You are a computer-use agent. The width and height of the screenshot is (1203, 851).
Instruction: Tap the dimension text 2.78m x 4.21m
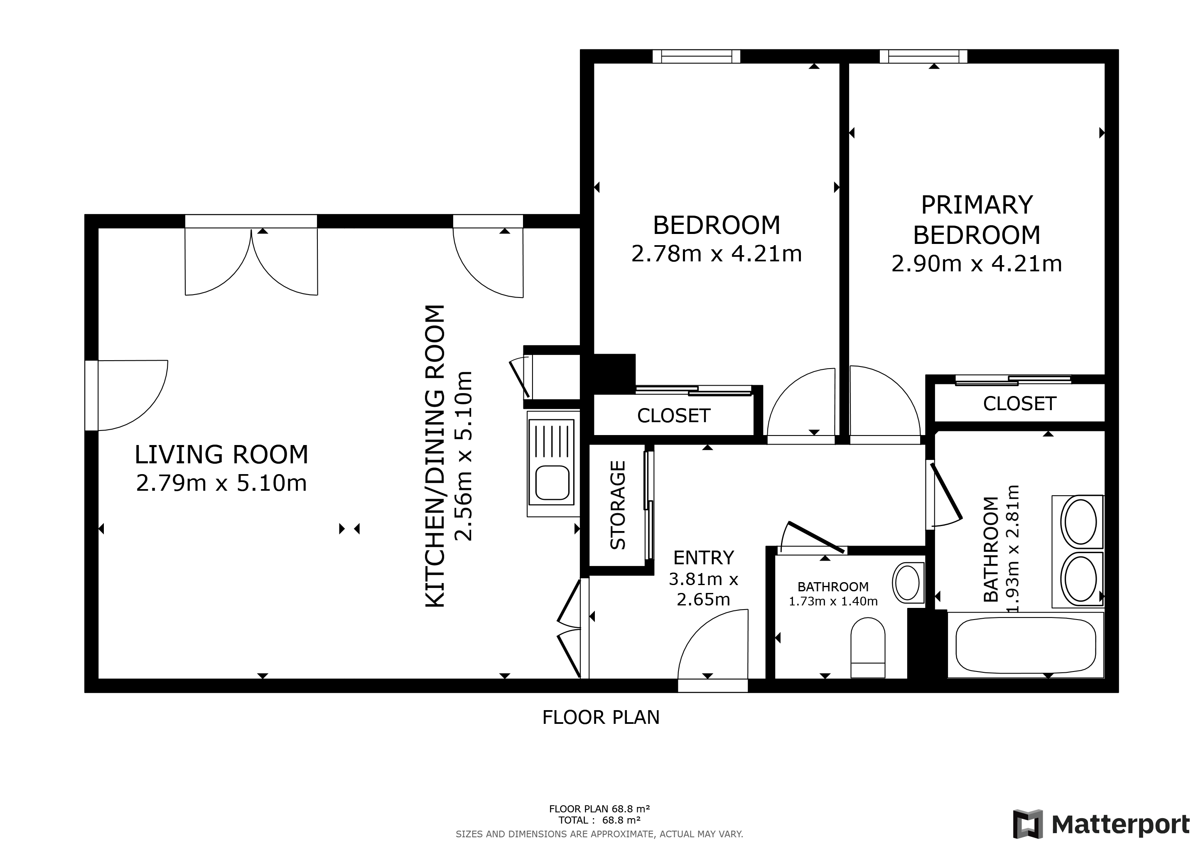[716, 254]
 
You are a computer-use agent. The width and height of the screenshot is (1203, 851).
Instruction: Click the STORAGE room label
[618, 505]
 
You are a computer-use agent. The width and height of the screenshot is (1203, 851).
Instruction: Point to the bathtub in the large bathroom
[1025, 646]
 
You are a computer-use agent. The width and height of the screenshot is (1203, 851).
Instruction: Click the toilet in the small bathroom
[868, 649]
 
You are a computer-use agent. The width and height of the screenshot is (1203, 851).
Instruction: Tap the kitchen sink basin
[551, 482]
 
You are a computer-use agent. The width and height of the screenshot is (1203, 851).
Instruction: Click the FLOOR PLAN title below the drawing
[601, 717]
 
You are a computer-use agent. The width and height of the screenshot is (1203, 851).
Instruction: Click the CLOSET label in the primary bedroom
[1020, 403]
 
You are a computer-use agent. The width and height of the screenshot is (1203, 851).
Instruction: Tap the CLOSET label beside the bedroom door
[673, 416]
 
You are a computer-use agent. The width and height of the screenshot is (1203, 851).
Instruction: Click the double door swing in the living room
[251, 262]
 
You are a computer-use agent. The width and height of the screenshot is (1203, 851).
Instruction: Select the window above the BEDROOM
[696, 56]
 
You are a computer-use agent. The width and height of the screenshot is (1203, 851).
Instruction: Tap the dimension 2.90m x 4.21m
[977, 263]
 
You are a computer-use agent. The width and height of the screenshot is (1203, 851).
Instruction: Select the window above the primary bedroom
[923, 56]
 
